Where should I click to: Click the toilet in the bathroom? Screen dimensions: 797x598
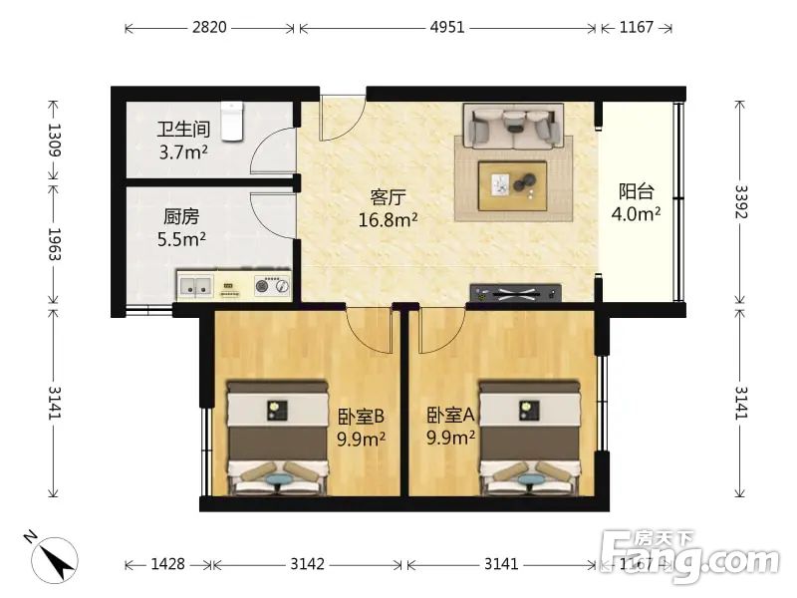tap(232, 121)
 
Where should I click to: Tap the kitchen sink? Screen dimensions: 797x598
tap(195, 286)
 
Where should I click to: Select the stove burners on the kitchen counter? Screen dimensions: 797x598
tap(272, 286)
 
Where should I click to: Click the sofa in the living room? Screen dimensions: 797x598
tap(513, 127)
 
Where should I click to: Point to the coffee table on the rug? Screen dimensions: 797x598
tap(512, 185)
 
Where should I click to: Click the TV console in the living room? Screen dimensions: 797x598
tap(515, 292)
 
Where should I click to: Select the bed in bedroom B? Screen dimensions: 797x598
tap(277, 438)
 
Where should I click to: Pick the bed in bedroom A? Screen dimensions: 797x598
tap(529, 438)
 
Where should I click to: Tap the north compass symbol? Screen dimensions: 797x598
tap(54, 558)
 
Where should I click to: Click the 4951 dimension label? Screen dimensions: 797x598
tap(447, 27)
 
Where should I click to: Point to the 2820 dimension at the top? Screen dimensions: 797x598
tap(209, 27)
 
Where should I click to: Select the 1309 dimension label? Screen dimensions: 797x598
tap(54, 140)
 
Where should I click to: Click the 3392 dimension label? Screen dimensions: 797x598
tap(740, 201)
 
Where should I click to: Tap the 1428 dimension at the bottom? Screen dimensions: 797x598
tap(168, 564)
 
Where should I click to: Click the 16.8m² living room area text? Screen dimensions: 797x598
tap(389, 219)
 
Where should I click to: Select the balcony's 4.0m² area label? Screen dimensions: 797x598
tap(636, 213)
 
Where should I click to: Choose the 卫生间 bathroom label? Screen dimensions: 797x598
tap(183, 130)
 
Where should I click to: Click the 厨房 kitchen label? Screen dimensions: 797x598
tap(181, 216)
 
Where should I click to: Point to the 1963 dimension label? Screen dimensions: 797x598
tap(54, 244)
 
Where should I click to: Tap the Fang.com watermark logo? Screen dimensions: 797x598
tap(689, 556)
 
